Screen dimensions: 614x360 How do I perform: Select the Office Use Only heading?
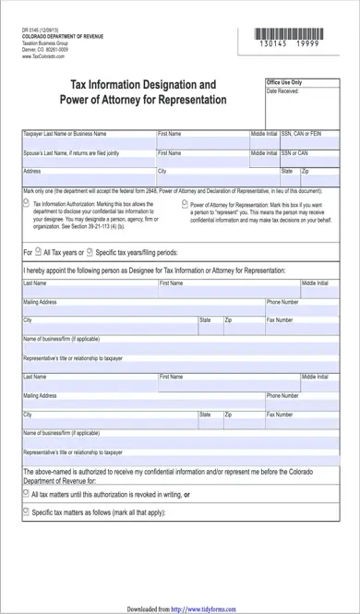click(x=284, y=82)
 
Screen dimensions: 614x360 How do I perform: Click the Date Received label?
click(x=282, y=91)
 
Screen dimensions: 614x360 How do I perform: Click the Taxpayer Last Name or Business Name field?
click(x=88, y=141)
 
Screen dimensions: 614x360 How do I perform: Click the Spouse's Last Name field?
click(x=88, y=160)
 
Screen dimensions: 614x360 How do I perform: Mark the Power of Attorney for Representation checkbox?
click(x=184, y=203)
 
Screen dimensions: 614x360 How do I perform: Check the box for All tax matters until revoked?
click(x=25, y=493)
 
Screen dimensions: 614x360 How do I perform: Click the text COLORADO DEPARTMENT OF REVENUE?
click(x=61, y=37)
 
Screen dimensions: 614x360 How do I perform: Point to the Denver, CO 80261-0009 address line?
click(x=46, y=50)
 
